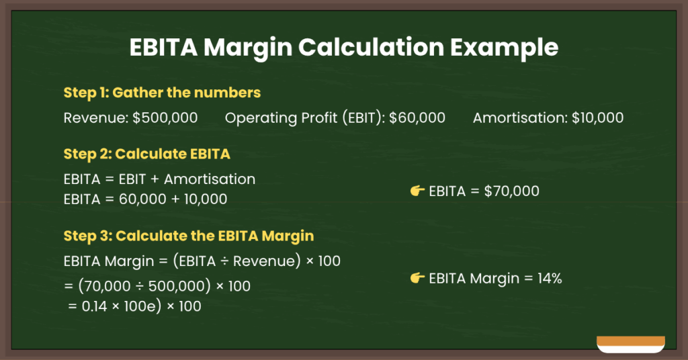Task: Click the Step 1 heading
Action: (x=162, y=92)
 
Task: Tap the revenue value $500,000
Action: (x=165, y=118)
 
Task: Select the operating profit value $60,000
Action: (x=417, y=118)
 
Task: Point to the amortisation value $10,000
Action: (x=597, y=118)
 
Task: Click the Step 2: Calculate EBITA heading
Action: (x=146, y=154)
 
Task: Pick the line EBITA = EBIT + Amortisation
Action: (x=159, y=179)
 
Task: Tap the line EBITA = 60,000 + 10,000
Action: (x=145, y=199)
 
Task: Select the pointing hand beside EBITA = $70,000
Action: (x=417, y=191)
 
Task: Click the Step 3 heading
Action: (x=188, y=236)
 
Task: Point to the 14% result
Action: (x=548, y=278)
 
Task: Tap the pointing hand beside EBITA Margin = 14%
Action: (x=417, y=278)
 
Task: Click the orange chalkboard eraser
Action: (x=630, y=343)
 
